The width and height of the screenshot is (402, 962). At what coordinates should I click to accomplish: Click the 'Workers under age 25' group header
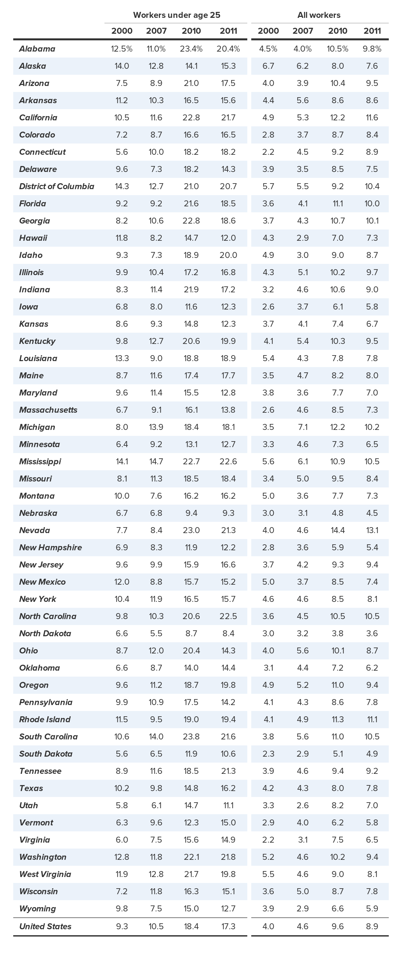[177, 15]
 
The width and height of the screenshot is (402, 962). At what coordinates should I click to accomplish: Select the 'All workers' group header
[319, 15]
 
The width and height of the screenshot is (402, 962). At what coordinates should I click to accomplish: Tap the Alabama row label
[37, 49]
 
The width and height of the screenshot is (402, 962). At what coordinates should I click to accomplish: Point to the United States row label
[45, 926]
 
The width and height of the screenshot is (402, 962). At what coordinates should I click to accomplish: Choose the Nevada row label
[35, 530]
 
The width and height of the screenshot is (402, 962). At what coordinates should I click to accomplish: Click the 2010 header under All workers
[338, 31]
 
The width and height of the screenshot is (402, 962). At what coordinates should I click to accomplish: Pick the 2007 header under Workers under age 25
[156, 31]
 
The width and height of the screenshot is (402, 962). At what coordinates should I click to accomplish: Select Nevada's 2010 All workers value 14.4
[338, 530]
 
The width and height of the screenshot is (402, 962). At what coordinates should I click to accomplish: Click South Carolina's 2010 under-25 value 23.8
[191, 736]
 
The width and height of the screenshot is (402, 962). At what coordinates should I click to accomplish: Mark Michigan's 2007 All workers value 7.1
[303, 427]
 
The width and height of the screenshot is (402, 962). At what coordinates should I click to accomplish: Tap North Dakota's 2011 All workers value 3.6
[372, 633]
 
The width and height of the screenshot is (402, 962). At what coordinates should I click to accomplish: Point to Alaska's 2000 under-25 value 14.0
[122, 66]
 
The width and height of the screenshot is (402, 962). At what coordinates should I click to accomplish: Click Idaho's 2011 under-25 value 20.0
[228, 255]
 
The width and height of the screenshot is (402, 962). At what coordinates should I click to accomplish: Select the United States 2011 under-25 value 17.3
[228, 926]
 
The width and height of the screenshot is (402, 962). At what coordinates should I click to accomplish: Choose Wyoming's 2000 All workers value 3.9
[268, 909]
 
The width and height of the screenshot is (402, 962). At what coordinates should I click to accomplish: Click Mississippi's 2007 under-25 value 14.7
[156, 461]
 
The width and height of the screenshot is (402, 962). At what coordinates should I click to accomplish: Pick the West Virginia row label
[45, 874]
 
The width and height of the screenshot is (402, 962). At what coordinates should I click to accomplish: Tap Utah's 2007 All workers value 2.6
[303, 806]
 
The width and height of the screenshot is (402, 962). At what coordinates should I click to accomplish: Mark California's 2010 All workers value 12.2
[338, 118]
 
